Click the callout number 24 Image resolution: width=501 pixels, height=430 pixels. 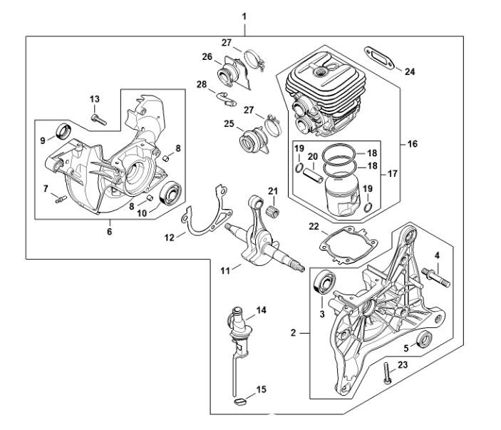pyautogui.click(x=409, y=71)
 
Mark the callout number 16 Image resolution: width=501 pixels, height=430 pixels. pyautogui.click(x=413, y=143)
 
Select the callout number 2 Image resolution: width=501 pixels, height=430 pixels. pyautogui.click(x=294, y=332)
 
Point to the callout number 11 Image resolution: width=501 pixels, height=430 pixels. pyautogui.click(x=225, y=270)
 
